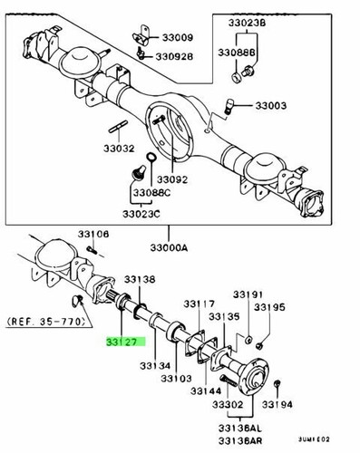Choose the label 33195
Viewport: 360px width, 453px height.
pos(268,308)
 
